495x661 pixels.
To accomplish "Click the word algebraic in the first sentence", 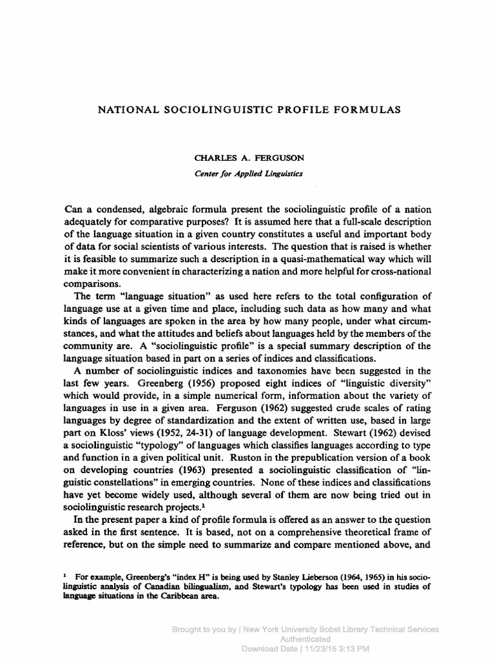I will pyautogui.click(x=184, y=210).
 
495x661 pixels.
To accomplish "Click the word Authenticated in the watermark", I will pyautogui.click(x=306, y=638).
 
